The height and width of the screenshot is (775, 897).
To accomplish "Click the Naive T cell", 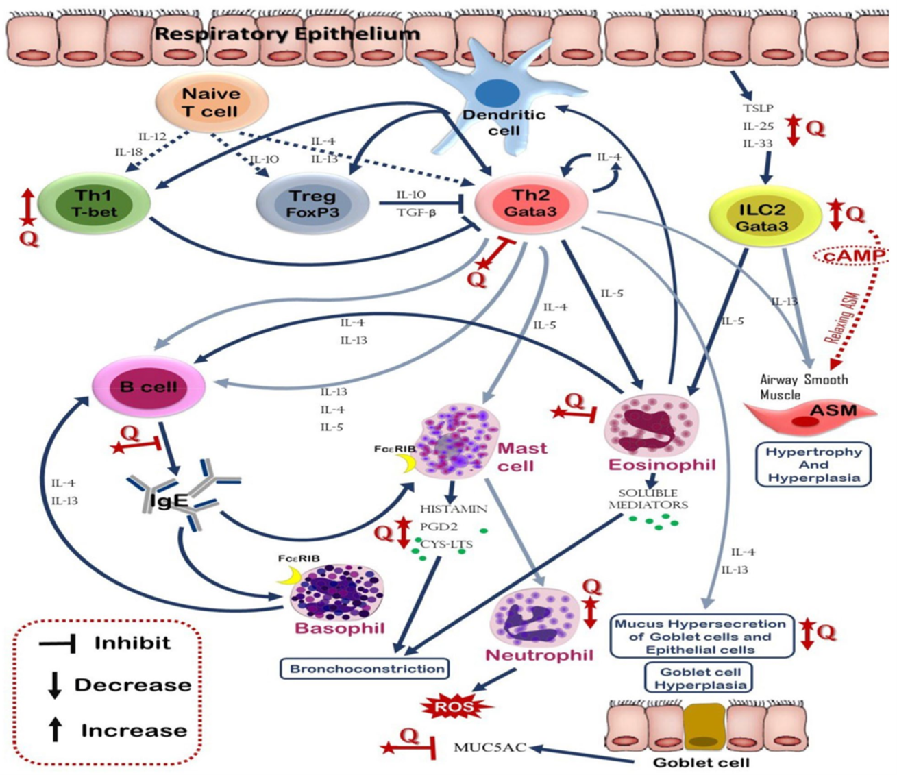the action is [x=212, y=101].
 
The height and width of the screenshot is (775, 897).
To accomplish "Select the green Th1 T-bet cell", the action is [x=94, y=203].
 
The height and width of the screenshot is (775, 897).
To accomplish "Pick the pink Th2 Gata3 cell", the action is [x=531, y=203].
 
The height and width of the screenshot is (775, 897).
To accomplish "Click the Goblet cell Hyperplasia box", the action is [x=700, y=678].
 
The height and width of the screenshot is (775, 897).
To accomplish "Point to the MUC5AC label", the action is [x=490, y=748].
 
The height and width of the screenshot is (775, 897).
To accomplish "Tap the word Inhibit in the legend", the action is [x=133, y=643].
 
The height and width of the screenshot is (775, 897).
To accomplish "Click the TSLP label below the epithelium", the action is [x=758, y=108].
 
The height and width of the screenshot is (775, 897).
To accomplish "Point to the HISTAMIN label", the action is [x=454, y=508].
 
